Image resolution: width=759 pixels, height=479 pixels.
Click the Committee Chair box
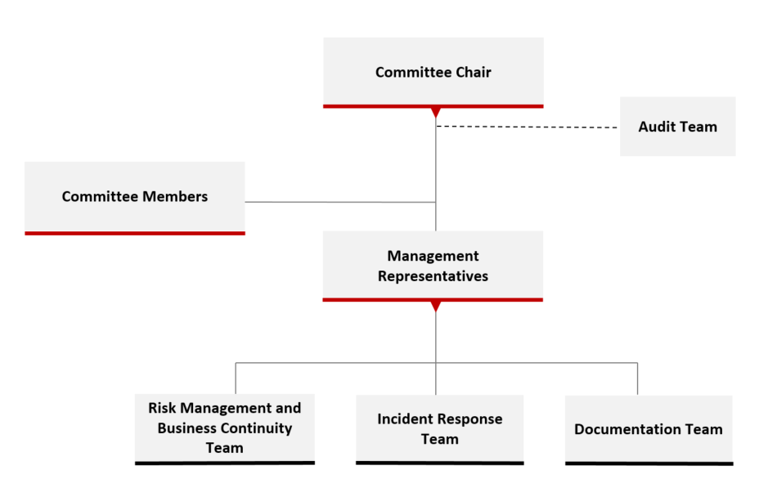tap(433, 73)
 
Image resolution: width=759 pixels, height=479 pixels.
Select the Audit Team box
tap(678, 126)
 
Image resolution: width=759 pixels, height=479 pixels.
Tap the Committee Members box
tap(135, 199)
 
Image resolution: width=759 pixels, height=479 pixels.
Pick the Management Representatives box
tap(433, 266)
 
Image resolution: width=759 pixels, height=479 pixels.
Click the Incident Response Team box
tap(439, 430)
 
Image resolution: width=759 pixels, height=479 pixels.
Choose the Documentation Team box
tap(649, 430)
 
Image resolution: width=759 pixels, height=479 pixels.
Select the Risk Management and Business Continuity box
tap(225, 429)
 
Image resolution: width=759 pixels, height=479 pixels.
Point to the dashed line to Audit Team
tap(527, 128)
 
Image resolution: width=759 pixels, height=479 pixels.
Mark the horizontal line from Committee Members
tap(340, 202)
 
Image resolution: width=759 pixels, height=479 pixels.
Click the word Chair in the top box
tap(474, 72)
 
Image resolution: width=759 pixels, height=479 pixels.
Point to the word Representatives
tap(433, 276)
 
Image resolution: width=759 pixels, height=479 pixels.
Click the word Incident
tap(400, 419)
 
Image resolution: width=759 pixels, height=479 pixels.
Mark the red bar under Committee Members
tap(135, 233)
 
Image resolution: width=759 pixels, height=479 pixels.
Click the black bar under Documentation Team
tap(649, 463)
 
